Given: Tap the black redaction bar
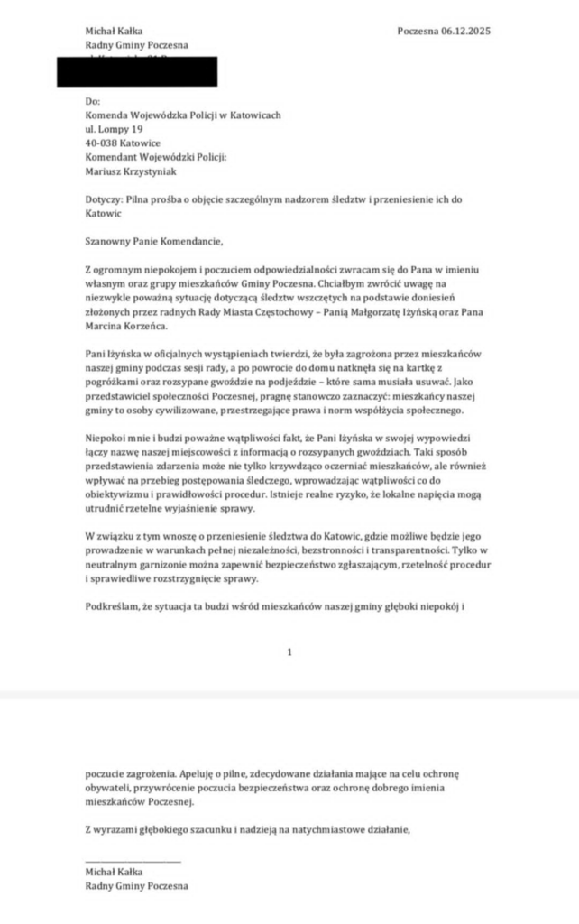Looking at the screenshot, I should (x=137, y=70).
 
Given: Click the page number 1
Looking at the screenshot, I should (x=289, y=651).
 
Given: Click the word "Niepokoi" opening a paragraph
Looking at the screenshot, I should (x=104, y=439).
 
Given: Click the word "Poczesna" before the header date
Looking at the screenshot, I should (x=418, y=31).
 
